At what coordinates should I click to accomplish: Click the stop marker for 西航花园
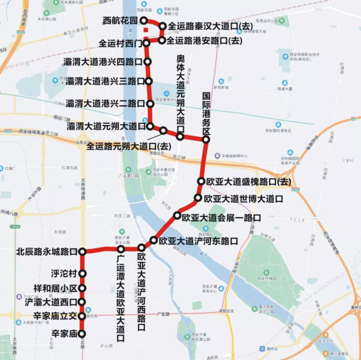(144, 20)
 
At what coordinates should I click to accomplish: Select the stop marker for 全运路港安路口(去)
(162, 40)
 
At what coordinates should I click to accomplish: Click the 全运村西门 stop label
(119, 43)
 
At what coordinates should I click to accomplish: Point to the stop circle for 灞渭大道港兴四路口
(148, 62)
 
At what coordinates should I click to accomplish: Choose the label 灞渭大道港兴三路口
(105, 82)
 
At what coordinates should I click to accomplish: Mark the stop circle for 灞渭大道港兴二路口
(150, 103)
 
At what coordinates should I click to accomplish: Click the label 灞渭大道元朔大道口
(105, 126)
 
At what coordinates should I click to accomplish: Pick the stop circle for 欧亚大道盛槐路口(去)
(201, 181)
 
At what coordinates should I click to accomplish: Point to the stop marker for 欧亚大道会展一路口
(177, 215)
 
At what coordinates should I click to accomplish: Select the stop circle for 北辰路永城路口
(82, 251)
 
